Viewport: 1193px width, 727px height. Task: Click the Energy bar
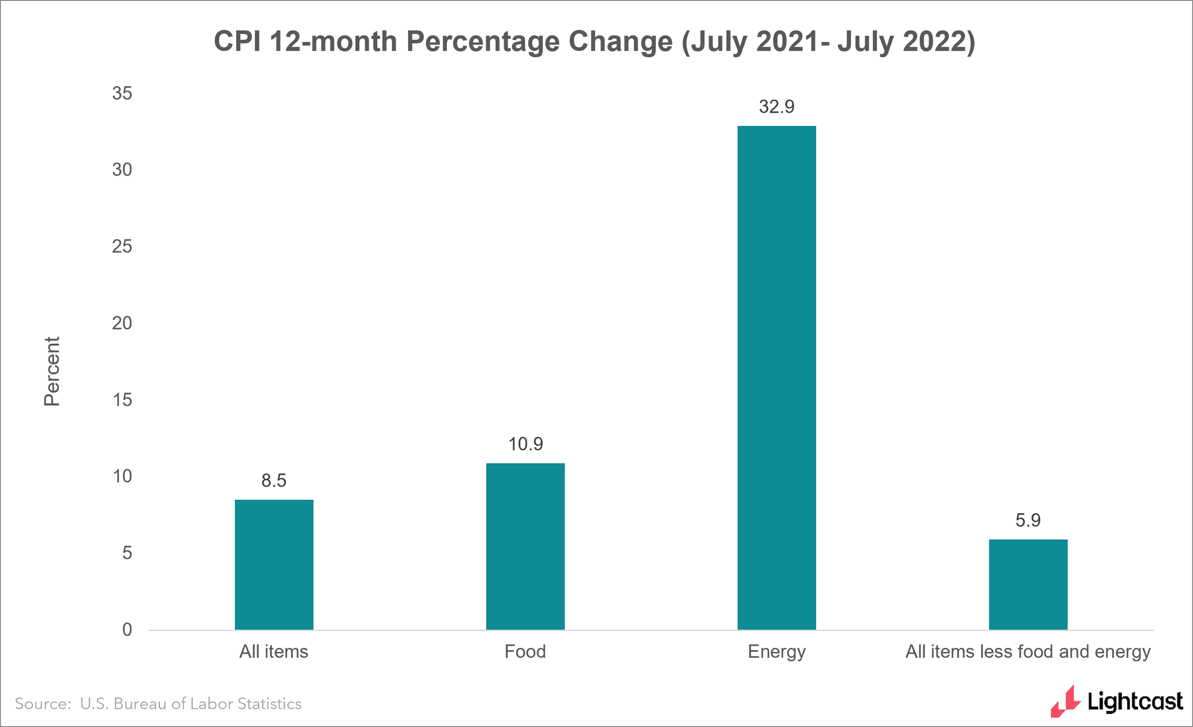pyautogui.click(x=776, y=378)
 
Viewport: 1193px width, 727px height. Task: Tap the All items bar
pyautogui.click(x=274, y=564)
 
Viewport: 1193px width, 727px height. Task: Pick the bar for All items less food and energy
pyautogui.click(x=1028, y=584)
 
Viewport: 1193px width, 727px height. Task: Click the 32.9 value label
pyautogui.click(x=776, y=107)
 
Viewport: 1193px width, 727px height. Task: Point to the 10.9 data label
pyautogui.click(x=525, y=444)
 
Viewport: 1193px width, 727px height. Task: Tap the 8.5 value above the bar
pyautogui.click(x=274, y=481)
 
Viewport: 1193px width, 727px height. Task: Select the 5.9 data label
pyautogui.click(x=1028, y=520)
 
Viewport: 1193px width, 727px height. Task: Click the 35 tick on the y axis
pyautogui.click(x=122, y=94)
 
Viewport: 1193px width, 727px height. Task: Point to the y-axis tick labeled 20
pyautogui.click(x=122, y=323)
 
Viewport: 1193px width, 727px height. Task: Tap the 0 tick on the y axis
pyautogui.click(x=127, y=630)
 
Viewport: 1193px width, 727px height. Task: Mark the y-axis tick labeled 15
pyautogui.click(x=122, y=400)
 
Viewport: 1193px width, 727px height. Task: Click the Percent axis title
pyautogui.click(x=52, y=371)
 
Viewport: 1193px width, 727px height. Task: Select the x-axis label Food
pyautogui.click(x=525, y=652)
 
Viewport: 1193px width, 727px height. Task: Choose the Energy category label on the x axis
pyautogui.click(x=776, y=652)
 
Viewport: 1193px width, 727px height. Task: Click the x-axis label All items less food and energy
pyautogui.click(x=1028, y=652)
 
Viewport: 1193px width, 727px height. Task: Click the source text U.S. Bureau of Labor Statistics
pyautogui.click(x=191, y=704)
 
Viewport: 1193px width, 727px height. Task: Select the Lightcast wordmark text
pyautogui.click(x=1135, y=702)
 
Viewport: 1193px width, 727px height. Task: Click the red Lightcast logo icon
pyautogui.click(x=1066, y=702)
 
